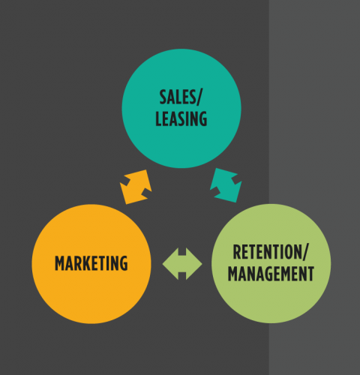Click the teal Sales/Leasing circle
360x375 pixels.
(x=181, y=109)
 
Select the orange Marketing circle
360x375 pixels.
(x=91, y=264)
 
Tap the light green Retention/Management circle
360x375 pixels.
(x=271, y=263)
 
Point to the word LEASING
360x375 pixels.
(x=181, y=118)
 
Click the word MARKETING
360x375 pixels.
(x=91, y=263)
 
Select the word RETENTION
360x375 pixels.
(x=268, y=252)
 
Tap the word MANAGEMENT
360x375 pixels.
(x=271, y=274)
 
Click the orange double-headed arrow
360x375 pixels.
(x=136, y=187)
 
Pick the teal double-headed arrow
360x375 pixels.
(x=226, y=185)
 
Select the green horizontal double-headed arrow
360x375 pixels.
(x=182, y=264)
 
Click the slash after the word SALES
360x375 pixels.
(x=198, y=97)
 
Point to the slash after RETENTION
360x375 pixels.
(x=306, y=253)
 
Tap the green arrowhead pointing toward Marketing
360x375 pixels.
(x=170, y=264)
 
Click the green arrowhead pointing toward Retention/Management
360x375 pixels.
(x=194, y=264)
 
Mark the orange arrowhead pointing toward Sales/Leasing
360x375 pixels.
(x=144, y=178)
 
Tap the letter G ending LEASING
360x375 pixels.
(x=203, y=118)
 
